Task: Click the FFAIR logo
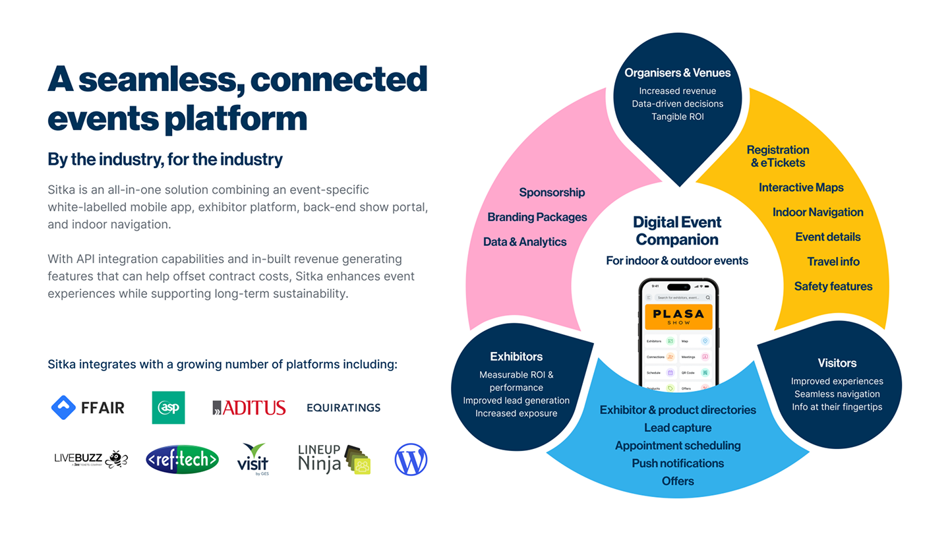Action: [x=88, y=407]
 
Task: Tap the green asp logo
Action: [x=168, y=407]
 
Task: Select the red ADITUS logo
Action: [x=249, y=408]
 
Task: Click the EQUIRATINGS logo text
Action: [x=343, y=408]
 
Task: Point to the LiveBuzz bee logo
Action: [x=91, y=460]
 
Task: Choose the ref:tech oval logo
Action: [x=182, y=460]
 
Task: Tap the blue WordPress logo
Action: [x=411, y=460]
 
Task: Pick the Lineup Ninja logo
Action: [x=334, y=459]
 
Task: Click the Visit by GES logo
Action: [x=252, y=459]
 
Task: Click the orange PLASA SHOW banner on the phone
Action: [x=678, y=316]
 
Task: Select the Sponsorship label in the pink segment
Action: [x=552, y=193]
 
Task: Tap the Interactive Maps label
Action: [x=801, y=188]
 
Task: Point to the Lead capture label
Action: [x=678, y=428]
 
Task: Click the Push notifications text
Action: [x=678, y=463]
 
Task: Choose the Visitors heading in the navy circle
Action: [x=837, y=363]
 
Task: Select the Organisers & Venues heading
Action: [x=678, y=73]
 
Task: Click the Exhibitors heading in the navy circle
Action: [x=516, y=357]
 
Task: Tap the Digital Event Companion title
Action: [x=677, y=231]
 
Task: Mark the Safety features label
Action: [x=833, y=287]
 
